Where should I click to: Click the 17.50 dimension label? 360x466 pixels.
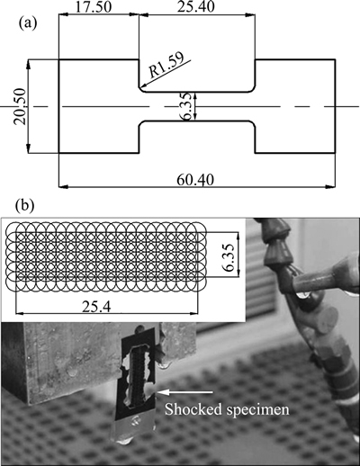(93, 7)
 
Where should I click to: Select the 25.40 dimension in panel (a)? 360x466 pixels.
(196, 7)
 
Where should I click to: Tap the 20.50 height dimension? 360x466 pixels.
(19, 106)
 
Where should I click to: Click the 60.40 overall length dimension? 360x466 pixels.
(195, 180)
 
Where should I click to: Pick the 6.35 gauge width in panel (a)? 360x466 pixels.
(185, 106)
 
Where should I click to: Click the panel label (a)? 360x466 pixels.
(28, 23)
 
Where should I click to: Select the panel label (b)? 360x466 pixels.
(24, 205)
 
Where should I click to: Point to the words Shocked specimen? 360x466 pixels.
(227, 409)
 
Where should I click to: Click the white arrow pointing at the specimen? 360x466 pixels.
(185, 391)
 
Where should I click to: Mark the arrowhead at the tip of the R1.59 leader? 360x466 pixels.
(141, 86)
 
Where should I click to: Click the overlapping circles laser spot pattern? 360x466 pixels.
(106, 256)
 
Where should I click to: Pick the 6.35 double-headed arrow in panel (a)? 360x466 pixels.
(195, 106)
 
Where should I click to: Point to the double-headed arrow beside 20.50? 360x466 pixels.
(29, 106)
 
